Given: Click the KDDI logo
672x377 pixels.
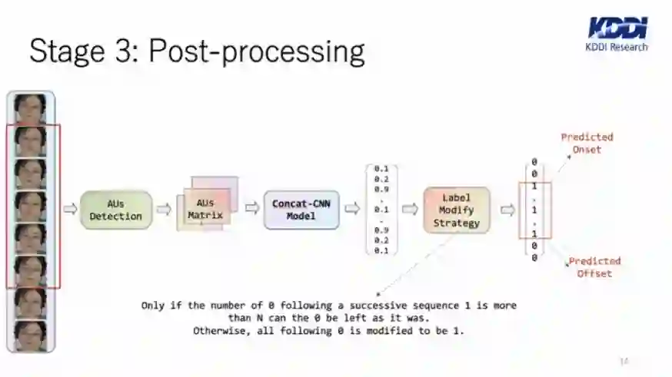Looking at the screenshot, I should point(617,28).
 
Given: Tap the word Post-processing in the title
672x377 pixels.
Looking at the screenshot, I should point(256,51).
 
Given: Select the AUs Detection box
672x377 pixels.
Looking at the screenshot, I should point(116,210).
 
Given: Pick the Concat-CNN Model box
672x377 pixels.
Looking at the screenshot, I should point(301,210).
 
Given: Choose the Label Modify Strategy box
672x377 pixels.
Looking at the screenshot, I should point(457,210).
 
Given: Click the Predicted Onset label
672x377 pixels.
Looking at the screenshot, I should point(587,143).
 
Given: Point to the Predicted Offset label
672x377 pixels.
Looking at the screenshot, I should point(594,267).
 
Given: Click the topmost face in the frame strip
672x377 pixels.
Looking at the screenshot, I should point(31,108).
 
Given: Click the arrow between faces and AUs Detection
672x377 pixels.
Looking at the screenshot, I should point(70,210).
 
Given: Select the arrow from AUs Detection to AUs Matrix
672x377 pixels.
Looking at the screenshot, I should point(164,210).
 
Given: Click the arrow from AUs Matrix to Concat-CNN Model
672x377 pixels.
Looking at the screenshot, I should point(252,209).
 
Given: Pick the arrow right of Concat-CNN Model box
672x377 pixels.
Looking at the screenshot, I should point(351,209).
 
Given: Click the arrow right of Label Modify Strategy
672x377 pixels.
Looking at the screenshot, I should point(507,210).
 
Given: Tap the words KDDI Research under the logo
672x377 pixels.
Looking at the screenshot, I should point(617,47).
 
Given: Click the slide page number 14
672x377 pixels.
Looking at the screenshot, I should point(624,361).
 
